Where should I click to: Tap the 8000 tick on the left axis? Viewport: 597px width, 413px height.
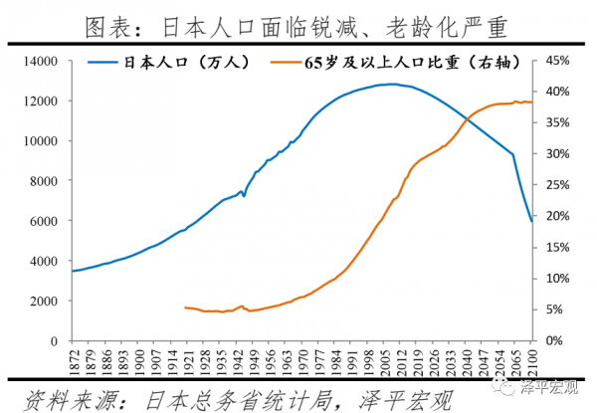point(50,181)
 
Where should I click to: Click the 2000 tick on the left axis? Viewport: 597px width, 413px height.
point(50,301)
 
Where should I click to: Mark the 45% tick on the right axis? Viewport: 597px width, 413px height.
point(554,61)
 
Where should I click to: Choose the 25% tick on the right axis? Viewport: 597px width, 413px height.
point(554,185)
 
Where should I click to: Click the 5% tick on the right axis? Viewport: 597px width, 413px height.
point(552,310)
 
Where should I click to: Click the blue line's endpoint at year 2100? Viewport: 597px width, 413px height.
point(531,221)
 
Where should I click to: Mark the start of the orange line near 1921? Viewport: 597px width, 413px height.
point(186,308)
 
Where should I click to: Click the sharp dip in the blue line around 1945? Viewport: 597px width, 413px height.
point(244,196)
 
